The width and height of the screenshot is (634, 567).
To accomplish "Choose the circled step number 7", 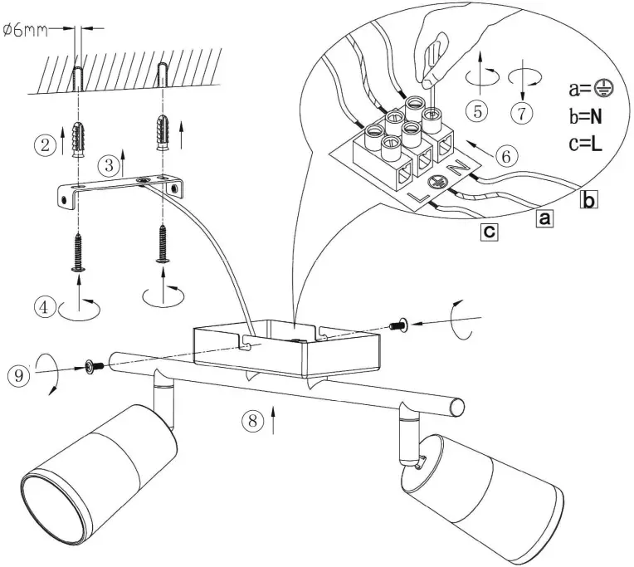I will click(x=520, y=113).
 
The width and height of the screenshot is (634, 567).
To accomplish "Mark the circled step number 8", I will click(x=254, y=420).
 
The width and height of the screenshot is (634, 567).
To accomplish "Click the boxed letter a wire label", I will click(x=544, y=218).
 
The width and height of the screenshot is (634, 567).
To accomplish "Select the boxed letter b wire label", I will click(x=588, y=199).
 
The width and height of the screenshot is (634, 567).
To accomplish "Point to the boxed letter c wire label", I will click(x=491, y=232).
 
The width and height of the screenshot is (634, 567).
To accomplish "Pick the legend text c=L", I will click(x=586, y=144).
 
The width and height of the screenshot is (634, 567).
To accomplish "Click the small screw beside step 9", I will click(x=92, y=365).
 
